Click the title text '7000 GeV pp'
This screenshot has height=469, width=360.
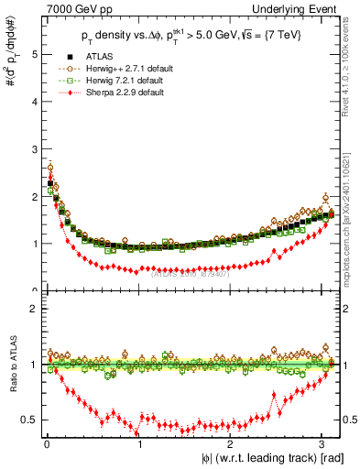(72, 8)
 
